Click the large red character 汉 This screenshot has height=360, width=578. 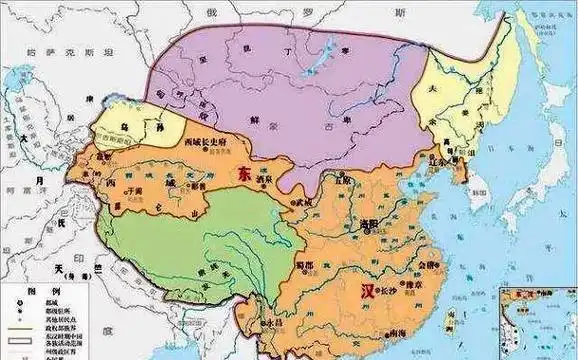point(367,291)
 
